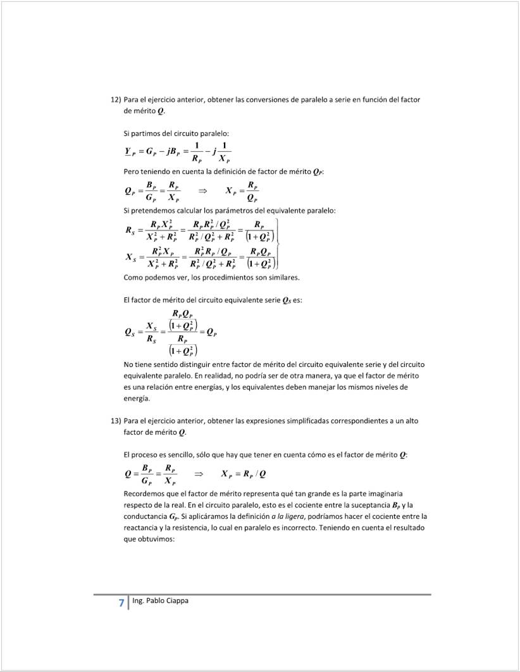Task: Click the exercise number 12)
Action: point(116,99)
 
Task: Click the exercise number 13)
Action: point(116,420)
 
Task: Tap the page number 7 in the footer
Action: point(121,603)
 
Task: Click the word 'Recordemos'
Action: point(145,492)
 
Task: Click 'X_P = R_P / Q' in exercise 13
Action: point(244,474)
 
